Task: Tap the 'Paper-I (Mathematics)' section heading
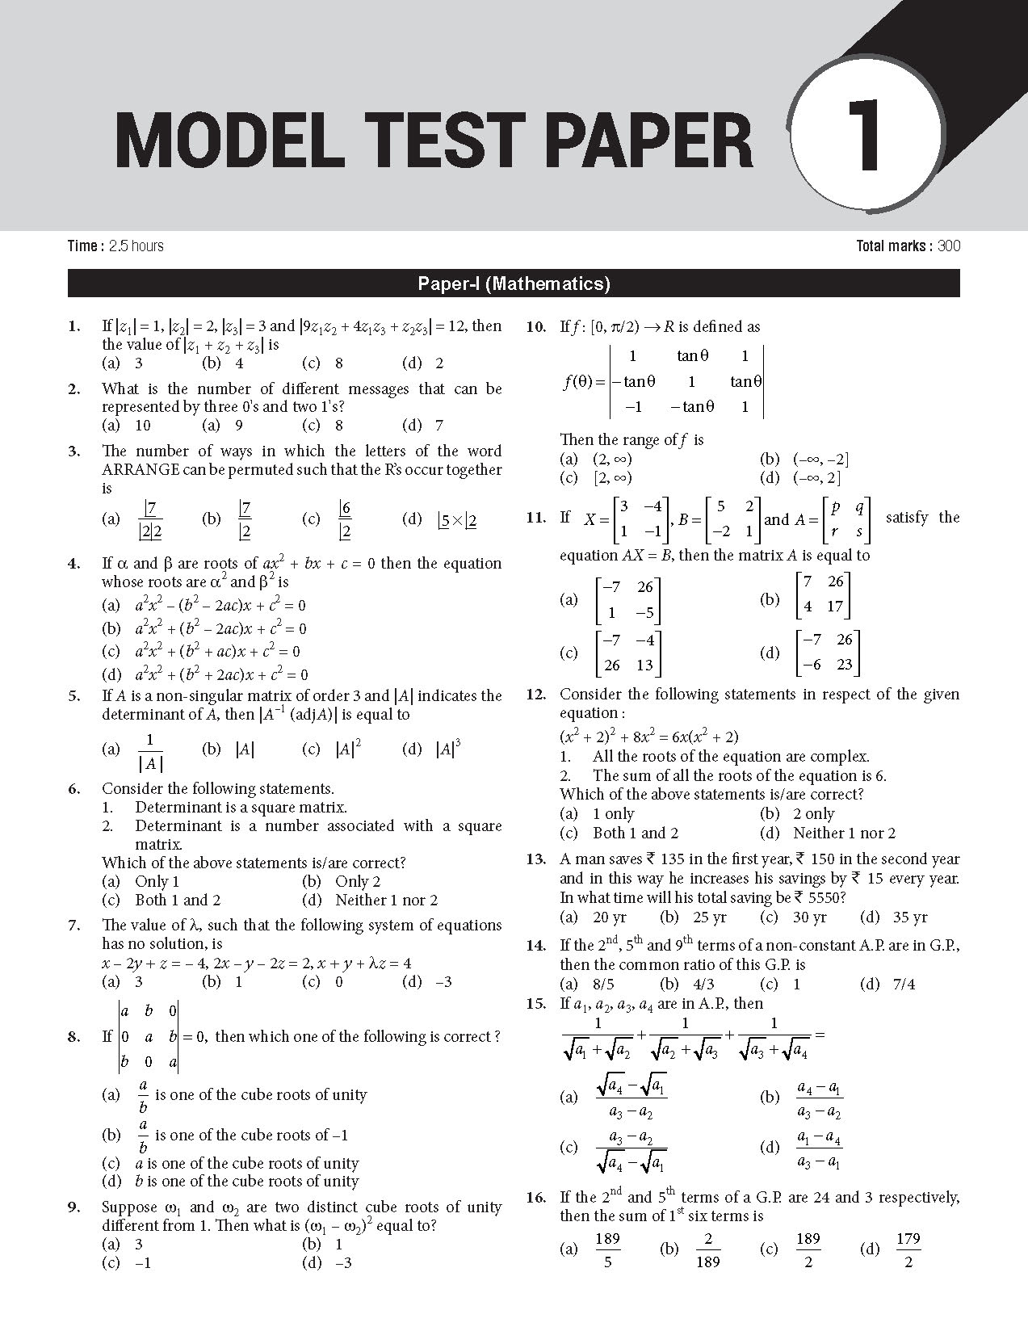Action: (x=514, y=283)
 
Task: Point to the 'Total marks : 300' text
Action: (x=908, y=246)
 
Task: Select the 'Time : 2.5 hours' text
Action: (x=115, y=246)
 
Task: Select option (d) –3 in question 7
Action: (x=428, y=982)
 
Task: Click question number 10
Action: (x=535, y=327)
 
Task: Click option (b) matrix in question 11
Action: (x=823, y=599)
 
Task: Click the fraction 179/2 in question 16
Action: (x=908, y=1249)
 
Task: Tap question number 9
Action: (x=73, y=1207)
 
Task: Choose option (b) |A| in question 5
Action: (x=229, y=749)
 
